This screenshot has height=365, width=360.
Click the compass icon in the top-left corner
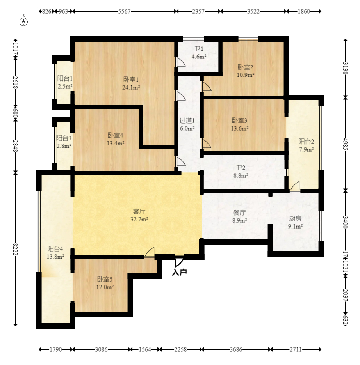(x=23, y=21)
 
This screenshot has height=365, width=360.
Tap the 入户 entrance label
(x=180, y=272)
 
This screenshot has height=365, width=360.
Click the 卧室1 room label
(x=131, y=80)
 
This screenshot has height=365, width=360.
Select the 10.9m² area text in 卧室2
(x=245, y=75)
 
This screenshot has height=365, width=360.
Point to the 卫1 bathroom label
(x=199, y=49)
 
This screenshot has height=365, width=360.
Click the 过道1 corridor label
(x=187, y=120)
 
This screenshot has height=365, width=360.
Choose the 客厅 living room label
(x=139, y=211)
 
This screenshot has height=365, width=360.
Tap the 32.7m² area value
(x=139, y=219)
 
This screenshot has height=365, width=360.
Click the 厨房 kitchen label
(x=295, y=218)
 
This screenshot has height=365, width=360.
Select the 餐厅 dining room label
(x=239, y=212)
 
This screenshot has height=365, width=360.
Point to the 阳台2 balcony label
(x=306, y=141)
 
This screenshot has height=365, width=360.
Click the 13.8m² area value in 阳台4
(x=55, y=257)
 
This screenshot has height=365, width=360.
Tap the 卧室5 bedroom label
(x=105, y=279)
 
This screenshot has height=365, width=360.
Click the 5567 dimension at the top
(x=124, y=11)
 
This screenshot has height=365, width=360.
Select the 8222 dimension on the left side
(x=15, y=249)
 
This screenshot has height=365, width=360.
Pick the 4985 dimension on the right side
(x=345, y=144)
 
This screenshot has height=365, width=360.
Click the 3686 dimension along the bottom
(x=236, y=349)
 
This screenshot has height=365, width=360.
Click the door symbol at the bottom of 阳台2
(x=294, y=186)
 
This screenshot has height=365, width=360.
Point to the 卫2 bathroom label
(x=241, y=168)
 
